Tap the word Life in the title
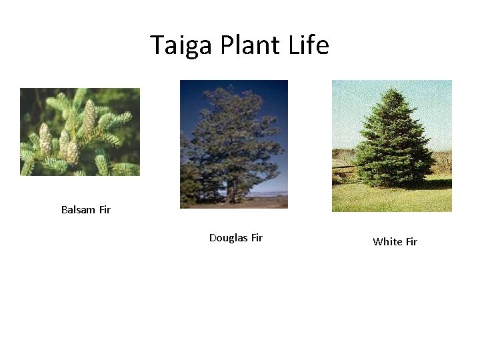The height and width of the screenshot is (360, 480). [x=309, y=45]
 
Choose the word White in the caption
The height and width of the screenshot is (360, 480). [x=387, y=242]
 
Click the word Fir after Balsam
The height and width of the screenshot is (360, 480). [x=105, y=210]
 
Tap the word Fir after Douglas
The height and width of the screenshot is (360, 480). [x=256, y=238]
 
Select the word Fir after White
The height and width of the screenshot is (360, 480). [x=411, y=242]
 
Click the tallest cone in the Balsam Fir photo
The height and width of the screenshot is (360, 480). [x=89, y=119]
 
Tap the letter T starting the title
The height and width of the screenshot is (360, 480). [x=157, y=45]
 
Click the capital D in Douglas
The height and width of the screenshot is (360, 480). [x=213, y=238]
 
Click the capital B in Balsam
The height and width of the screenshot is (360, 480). [x=65, y=210]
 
